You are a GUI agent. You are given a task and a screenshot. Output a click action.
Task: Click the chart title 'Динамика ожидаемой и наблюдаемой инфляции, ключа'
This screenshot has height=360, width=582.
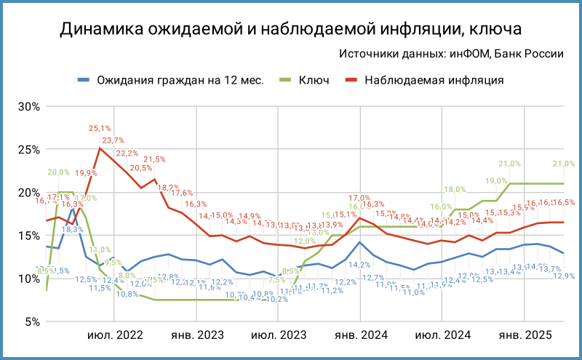(291, 29)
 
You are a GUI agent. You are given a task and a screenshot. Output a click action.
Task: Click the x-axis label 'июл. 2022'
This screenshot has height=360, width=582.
(115, 335)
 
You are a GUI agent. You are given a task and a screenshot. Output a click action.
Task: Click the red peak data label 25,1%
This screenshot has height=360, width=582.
(100, 129)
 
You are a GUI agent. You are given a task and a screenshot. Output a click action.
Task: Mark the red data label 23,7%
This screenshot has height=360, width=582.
(113, 140)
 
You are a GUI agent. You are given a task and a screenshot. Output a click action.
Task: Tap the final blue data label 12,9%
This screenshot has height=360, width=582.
(565, 276)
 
